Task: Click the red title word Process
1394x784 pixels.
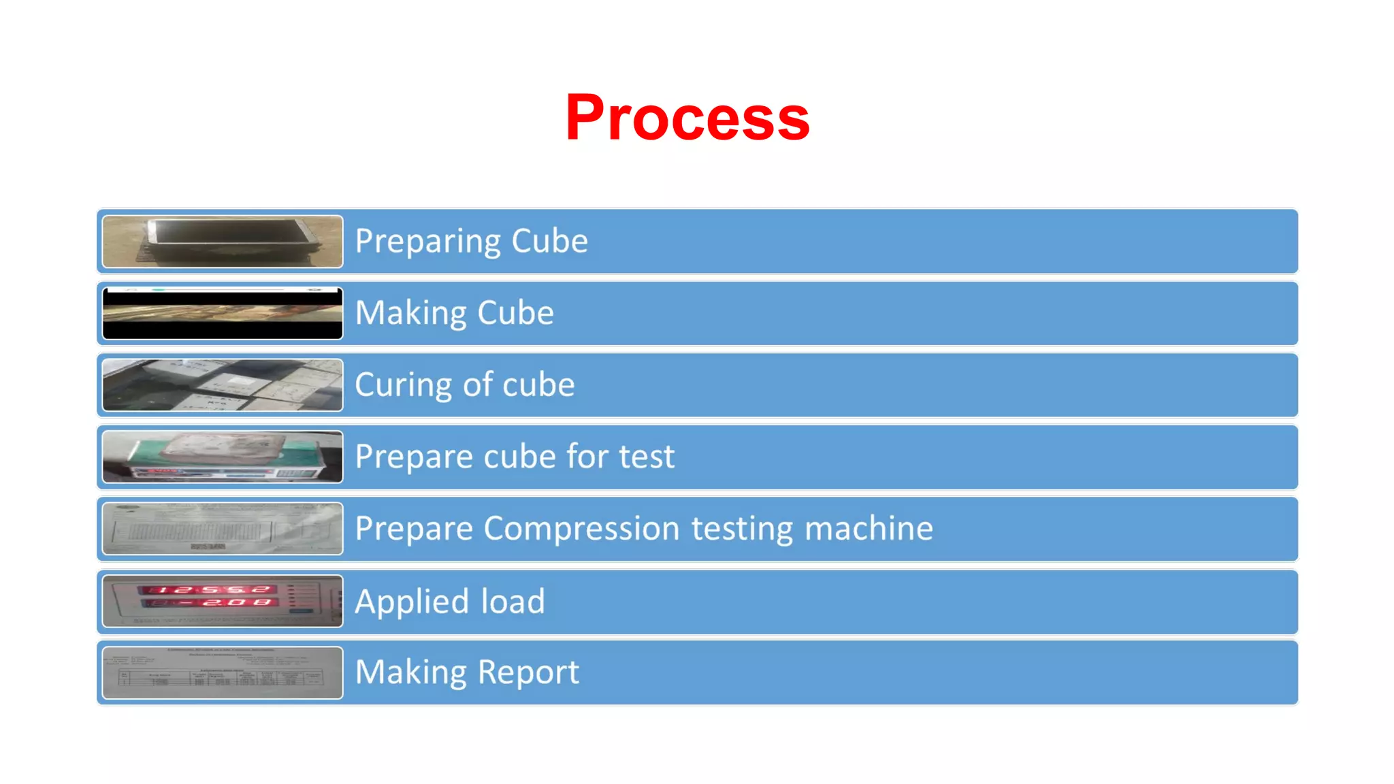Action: click(687, 118)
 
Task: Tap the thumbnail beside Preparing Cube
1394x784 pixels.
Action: click(223, 242)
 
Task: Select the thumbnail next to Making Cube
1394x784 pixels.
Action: click(223, 313)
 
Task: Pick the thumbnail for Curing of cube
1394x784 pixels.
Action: click(223, 385)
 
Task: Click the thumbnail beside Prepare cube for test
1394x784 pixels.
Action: click(223, 457)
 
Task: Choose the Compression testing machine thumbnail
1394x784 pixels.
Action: click(223, 529)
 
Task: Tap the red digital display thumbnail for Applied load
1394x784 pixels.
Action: click(223, 601)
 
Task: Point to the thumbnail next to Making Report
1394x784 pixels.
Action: click(223, 672)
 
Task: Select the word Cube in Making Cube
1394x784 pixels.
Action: click(515, 313)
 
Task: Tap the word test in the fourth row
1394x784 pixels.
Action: click(646, 457)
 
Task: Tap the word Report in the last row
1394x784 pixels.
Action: click(528, 673)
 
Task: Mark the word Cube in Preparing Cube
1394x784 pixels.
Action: click(549, 242)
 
